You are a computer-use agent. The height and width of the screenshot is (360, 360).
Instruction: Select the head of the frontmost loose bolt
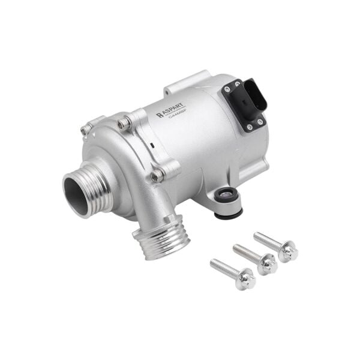click(x=244, y=278)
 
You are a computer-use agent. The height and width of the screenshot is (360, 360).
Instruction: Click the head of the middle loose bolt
click(x=267, y=262)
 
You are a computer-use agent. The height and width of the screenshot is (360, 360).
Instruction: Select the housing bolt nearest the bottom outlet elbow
click(x=157, y=175)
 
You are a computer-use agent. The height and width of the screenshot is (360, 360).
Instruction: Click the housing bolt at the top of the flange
click(x=124, y=124)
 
